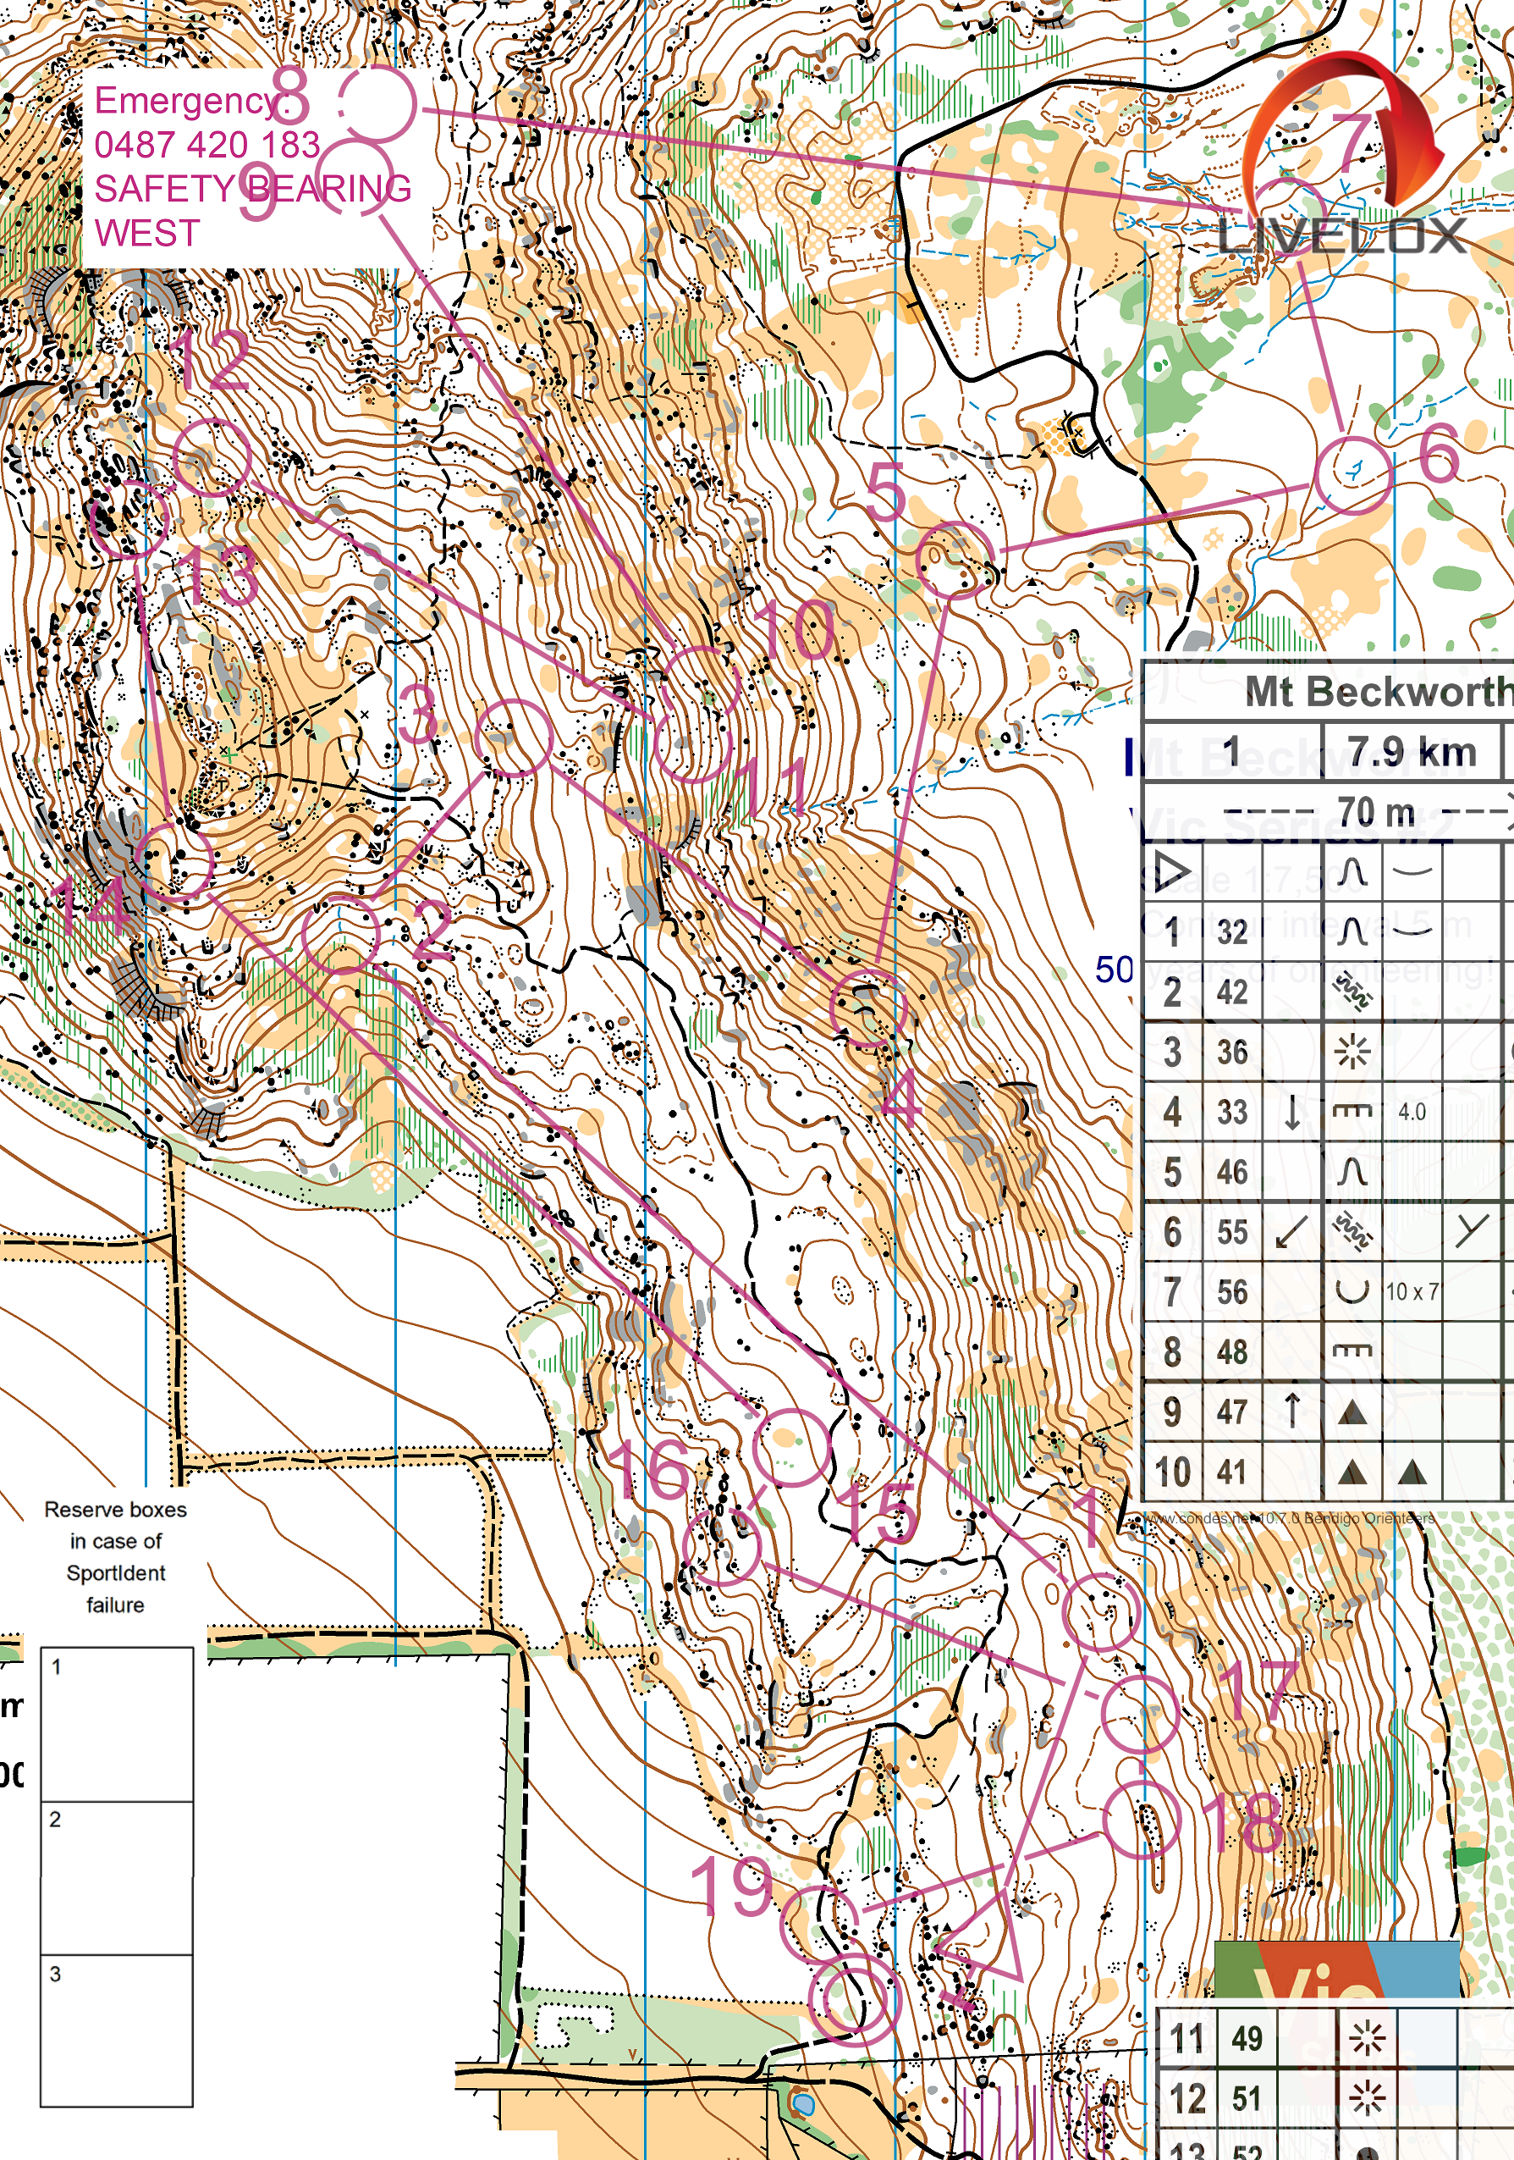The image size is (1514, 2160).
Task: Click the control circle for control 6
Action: [1352, 475]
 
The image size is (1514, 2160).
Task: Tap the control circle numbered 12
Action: [212, 457]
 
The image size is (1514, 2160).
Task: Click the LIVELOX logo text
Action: [1342, 236]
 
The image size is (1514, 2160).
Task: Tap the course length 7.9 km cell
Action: [1412, 753]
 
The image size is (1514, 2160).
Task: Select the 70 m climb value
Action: [1376, 811]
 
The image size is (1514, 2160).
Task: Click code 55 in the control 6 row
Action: [1232, 1231]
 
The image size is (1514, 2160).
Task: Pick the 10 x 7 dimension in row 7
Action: [1412, 1291]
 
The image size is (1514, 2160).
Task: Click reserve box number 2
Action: [117, 1877]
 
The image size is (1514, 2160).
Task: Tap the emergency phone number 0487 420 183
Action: [206, 145]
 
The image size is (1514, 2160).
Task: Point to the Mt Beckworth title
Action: [1378, 693]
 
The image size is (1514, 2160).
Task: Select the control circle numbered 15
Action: [791, 1448]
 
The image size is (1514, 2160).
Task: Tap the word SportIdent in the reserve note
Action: [116, 1573]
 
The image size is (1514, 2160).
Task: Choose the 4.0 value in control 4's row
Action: [1412, 1112]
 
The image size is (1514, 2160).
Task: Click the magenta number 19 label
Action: [730, 1887]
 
